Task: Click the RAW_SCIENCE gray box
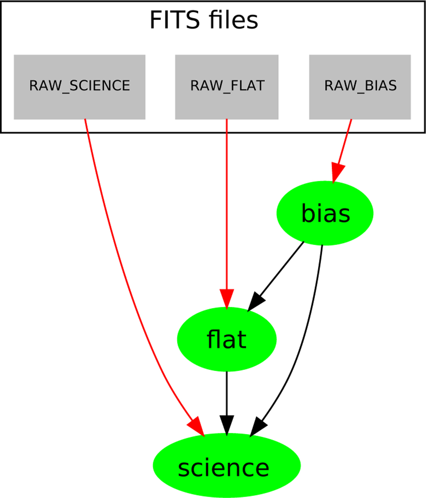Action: pyautogui.click(x=80, y=103)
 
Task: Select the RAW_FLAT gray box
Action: pyautogui.click(x=226, y=103)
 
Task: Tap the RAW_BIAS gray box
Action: pyautogui.click(x=360, y=103)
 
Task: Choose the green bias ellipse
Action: pyautogui.click(x=325, y=213)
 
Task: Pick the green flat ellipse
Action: pyautogui.click(x=226, y=339)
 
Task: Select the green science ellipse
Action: pyautogui.click(x=226, y=465)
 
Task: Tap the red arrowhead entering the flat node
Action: pyautogui.click(x=226, y=298)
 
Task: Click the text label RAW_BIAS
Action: pyautogui.click(x=360, y=86)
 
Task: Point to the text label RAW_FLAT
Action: pyautogui.click(x=227, y=86)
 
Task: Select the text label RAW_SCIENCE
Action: pyautogui.click(x=80, y=86)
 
